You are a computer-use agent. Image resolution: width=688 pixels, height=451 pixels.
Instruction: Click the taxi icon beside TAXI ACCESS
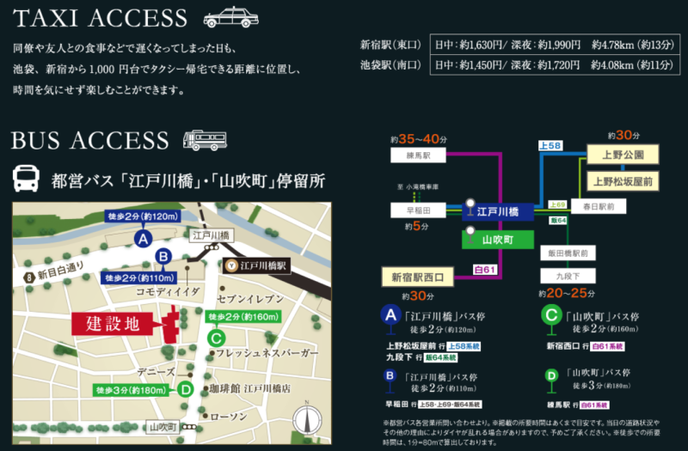(230, 17)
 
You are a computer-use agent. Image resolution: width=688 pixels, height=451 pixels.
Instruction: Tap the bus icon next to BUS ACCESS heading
(204, 140)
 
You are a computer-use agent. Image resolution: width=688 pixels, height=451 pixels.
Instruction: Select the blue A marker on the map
(144, 238)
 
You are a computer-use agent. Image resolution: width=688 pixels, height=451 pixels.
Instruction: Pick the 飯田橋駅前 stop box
(566, 253)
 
